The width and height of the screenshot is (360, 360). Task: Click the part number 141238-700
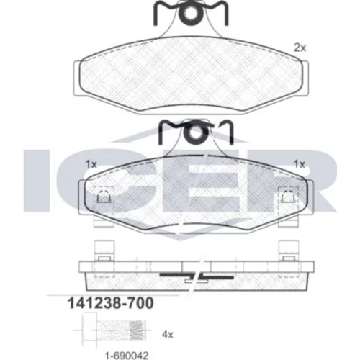(111, 303)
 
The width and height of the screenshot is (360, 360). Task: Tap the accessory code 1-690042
(127, 356)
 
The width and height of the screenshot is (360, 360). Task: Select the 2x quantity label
(300, 48)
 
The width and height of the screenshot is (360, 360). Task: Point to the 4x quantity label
(168, 334)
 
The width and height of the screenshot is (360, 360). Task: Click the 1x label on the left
(91, 164)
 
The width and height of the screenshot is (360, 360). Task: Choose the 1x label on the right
(300, 164)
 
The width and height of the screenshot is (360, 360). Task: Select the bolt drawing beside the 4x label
(114, 330)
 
